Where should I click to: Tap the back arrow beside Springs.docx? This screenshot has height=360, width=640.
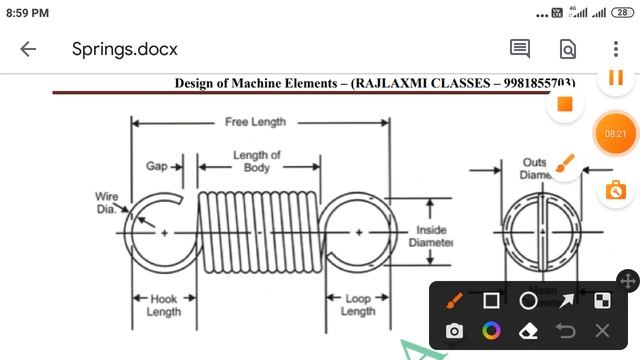(28, 49)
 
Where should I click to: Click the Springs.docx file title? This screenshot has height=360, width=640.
(125, 49)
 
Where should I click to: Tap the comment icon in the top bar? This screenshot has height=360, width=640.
(519, 49)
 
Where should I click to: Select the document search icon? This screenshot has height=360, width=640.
(567, 49)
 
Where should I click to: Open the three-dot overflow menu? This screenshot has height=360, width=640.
(616, 49)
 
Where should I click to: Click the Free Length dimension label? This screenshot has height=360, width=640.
(255, 122)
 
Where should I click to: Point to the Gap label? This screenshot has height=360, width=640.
(157, 166)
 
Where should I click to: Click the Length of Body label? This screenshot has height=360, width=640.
(257, 161)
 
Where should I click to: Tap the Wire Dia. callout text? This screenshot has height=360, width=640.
(107, 202)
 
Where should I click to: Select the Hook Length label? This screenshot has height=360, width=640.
(163, 305)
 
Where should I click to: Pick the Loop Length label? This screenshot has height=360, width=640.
(357, 305)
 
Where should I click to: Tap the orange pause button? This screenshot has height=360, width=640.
(616, 78)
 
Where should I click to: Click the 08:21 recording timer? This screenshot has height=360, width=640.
(615, 133)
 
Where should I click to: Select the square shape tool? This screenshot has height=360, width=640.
(491, 300)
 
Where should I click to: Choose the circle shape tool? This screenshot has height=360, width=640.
(528, 300)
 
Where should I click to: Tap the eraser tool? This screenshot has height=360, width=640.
(528, 331)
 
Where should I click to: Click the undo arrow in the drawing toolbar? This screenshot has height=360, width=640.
(565, 331)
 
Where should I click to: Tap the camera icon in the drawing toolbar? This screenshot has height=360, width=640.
(454, 331)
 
